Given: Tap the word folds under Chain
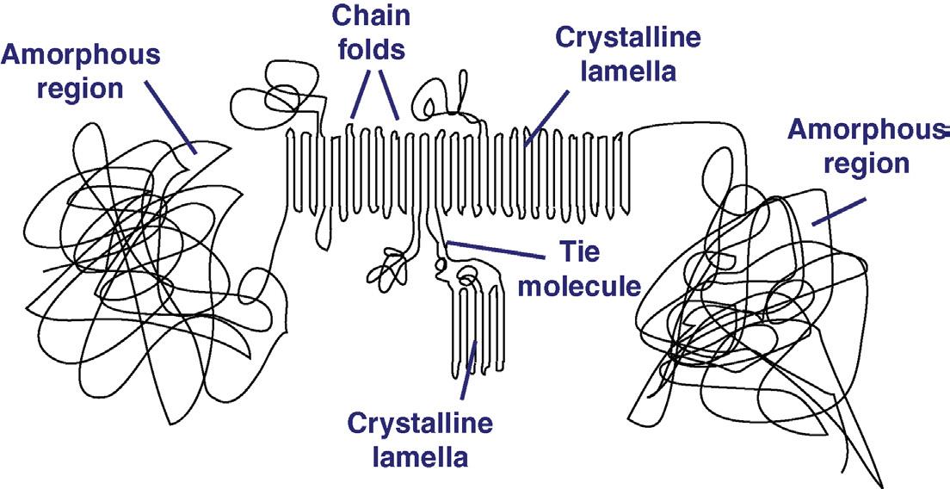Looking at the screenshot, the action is (371, 49).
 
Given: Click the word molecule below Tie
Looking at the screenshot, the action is (580, 286).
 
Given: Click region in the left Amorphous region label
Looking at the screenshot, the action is (81, 89).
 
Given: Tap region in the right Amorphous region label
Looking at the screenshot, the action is (867, 163).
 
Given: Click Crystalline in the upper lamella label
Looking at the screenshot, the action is (628, 39).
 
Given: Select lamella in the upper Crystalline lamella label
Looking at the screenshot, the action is (628, 71).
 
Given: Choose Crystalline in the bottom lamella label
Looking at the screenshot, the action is (420, 424).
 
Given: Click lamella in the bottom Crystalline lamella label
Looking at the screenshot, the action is (420, 456).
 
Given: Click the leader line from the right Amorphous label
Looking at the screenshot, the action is (836, 214).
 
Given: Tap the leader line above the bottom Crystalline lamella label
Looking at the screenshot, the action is (469, 369).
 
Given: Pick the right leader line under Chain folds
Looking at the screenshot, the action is (389, 93).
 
